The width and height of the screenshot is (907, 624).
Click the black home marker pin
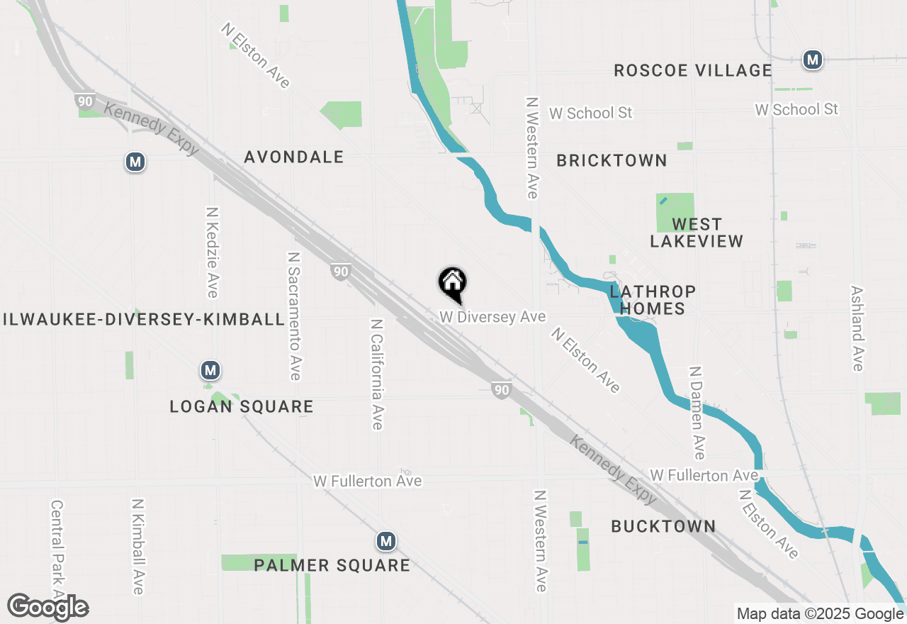pyautogui.click(x=452, y=284)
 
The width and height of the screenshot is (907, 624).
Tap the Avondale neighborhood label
pyautogui.click(x=294, y=157)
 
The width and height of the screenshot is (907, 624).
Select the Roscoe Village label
pyautogui.click(x=692, y=70)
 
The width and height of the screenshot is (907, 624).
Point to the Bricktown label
pyautogui.click(x=612, y=161)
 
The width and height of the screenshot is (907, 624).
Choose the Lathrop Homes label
pyautogui.click(x=652, y=300)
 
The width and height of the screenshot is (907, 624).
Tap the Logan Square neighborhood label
pyautogui.click(x=242, y=406)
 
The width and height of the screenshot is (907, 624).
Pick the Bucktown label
pyautogui.click(x=663, y=526)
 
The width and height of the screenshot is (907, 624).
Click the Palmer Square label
pyautogui.click(x=332, y=565)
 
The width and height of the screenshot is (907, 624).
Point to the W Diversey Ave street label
pyautogui.click(x=492, y=317)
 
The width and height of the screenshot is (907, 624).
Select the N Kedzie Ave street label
pyautogui.click(x=212, y=252)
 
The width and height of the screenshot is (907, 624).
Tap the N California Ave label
pyautogui.click(x=376, y=374)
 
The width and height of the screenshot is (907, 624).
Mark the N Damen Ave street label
pyautogui.click(x=698, y=413)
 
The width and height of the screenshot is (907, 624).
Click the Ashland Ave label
pyautogui.click(x=857, y=328)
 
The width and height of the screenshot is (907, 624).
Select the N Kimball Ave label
pyautogui.click(x=137, y=546)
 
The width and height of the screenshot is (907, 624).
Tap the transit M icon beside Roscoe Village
pyautogui.click(x=812, y=60)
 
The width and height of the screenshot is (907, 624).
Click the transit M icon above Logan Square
pyautogui.click(x=209, y=370)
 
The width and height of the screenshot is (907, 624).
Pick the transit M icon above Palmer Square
pyautogui.click(x=385, y=542)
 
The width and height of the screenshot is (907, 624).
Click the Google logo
pyautogui.click(x=47, y=608)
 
